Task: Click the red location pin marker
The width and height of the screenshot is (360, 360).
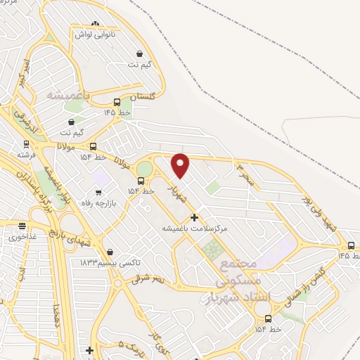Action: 181,165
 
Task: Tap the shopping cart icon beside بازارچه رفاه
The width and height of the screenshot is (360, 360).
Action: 98,192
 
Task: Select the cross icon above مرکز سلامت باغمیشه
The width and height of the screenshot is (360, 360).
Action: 194,217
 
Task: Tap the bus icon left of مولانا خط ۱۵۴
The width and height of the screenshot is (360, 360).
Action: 93,146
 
